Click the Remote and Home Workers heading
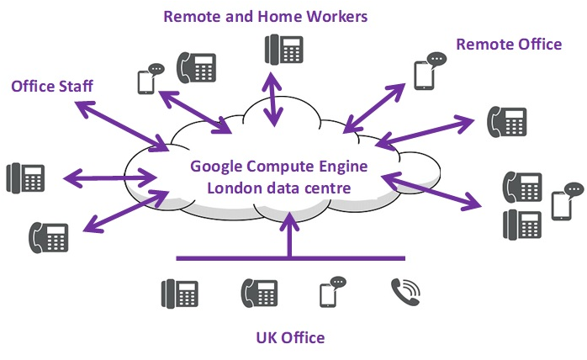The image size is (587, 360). pos(265,16)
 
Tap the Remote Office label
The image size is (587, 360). pos(509,44)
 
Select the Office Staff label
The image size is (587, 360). pos(52,86)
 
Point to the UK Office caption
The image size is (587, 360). pos(290,338)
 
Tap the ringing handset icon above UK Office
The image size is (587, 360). pos(405,291)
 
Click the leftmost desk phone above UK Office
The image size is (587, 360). pos(179,293)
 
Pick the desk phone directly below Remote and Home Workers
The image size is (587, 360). pos(283,49)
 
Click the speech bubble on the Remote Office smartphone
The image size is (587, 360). pos(436,60)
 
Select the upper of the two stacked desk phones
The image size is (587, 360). pos(521,186)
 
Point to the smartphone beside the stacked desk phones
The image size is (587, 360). pos(561,205)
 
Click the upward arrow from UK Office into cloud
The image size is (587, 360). pos(289,236)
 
